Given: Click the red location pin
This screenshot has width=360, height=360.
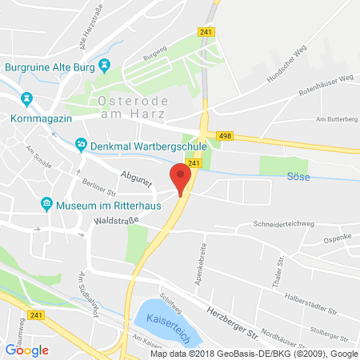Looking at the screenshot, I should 182,178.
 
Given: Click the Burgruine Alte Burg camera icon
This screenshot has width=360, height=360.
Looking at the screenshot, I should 104,66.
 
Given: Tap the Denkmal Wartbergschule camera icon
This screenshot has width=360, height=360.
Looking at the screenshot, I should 80,145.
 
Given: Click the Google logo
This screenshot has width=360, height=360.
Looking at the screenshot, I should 26,350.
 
